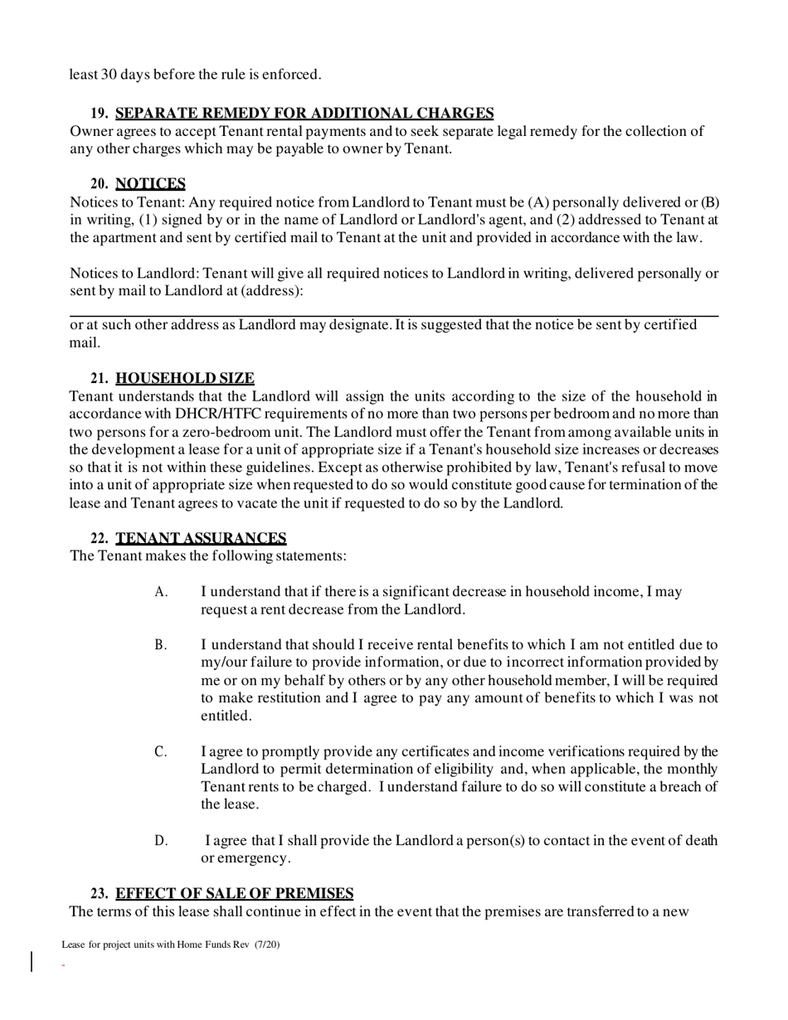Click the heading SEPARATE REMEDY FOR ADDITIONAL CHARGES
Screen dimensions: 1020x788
click(304, 114)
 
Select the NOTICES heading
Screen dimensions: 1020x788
click(150, 184)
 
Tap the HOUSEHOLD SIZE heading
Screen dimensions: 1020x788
click(185, 379)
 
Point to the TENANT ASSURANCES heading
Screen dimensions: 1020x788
click(201, 538)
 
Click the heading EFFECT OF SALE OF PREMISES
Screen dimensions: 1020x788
click(234, 894)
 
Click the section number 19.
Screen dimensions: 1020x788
click(99, 114)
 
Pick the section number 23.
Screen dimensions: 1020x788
click(99, 894)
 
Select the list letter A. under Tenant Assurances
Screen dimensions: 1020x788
click(161, 592)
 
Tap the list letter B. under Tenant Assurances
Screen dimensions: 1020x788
click(161, 645)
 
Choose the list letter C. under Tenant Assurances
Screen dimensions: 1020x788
click(161, 752)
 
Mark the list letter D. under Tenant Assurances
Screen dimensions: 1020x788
click(161, 841)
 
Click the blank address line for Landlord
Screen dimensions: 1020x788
click(393, 314)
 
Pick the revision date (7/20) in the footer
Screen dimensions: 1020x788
click(267, 944)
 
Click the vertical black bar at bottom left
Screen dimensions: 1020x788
click(32, 961)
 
